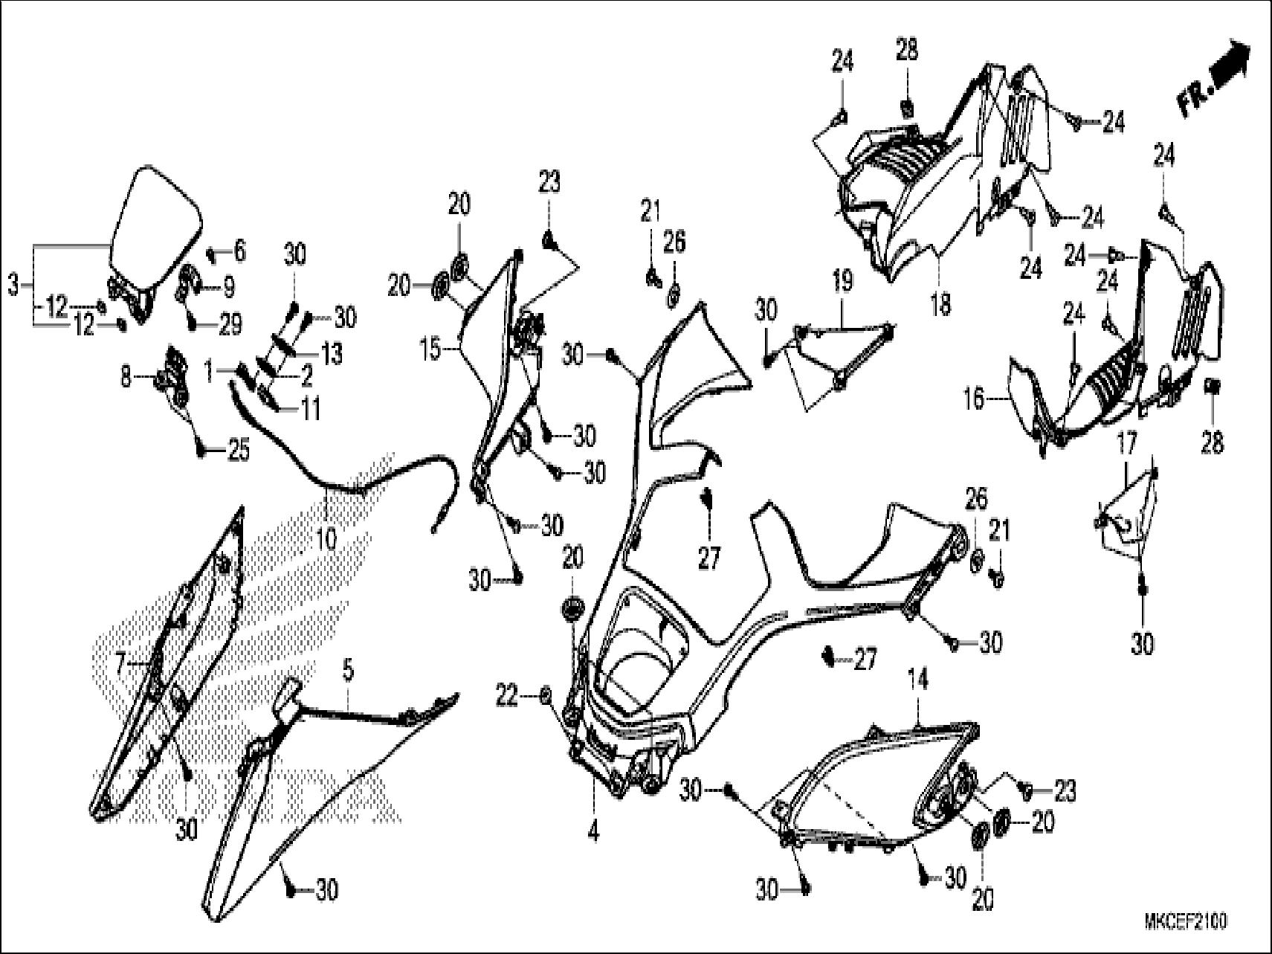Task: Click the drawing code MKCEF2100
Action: (x=1185, y=921)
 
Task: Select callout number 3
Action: (x=13, y=284)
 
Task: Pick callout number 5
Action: (x=347, y=671)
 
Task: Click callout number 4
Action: (x=593, y=834)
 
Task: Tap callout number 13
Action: (x=332, y=354)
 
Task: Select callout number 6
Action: (x=239, y=251)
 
